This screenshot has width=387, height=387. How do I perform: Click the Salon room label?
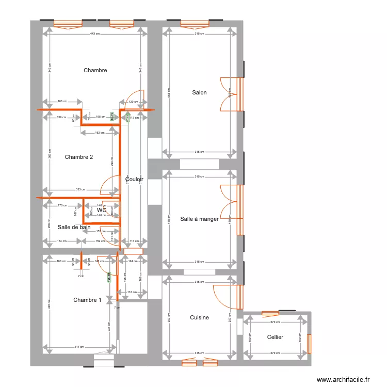click(199, 93)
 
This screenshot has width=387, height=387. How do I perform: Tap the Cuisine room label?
click(199, 317)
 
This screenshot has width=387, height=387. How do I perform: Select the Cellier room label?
click(275, 337)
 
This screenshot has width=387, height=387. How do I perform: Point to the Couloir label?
click(134, 180)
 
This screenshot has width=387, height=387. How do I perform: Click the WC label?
click(102, 211)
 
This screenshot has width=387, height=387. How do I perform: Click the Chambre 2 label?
click(79, 157)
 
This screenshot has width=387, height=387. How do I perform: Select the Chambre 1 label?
click(87, 300)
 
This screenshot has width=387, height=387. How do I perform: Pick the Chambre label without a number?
click(95, 70)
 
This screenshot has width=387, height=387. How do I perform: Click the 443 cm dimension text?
click(94, 34)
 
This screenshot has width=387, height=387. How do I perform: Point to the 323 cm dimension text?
click(80, 189)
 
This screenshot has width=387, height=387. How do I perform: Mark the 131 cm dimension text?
click(133, 292)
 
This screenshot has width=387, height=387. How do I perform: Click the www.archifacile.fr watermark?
click(343, 379)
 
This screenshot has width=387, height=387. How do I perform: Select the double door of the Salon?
click(231, 94)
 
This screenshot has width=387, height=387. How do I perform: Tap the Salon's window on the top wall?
click(199, 23)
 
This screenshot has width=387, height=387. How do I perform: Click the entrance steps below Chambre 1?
click(104, 360)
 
